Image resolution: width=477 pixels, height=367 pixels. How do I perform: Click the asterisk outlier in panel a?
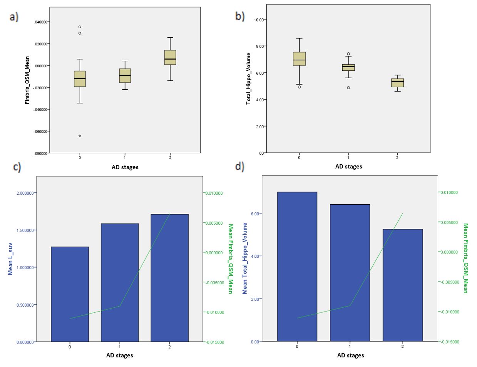(80, 136)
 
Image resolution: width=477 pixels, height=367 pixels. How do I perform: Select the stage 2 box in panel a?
(170, 57)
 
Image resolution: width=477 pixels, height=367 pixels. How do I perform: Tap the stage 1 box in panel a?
(125, 75)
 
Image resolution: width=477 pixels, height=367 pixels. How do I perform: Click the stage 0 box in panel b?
(299, 59)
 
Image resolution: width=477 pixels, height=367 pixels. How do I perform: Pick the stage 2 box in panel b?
(397, 83)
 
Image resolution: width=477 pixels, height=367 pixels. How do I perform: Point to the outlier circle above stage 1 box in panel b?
(348, 54)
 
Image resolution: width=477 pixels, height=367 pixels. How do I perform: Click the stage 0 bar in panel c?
(70, 294)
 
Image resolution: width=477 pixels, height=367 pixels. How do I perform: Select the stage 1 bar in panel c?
(119, 282)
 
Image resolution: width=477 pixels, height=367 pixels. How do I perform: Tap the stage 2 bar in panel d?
(403, 285)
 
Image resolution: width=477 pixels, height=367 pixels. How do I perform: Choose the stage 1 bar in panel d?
(350, 273)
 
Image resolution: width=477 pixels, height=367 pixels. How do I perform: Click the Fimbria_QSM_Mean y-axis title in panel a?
(27, 79)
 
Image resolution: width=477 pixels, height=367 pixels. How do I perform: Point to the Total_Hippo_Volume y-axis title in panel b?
(249, 78)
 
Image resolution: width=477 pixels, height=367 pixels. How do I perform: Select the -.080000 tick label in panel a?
(40, 153)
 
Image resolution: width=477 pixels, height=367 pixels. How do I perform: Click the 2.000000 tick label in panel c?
(24, 193)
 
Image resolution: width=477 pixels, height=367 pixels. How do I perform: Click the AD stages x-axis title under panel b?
(348, 167)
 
